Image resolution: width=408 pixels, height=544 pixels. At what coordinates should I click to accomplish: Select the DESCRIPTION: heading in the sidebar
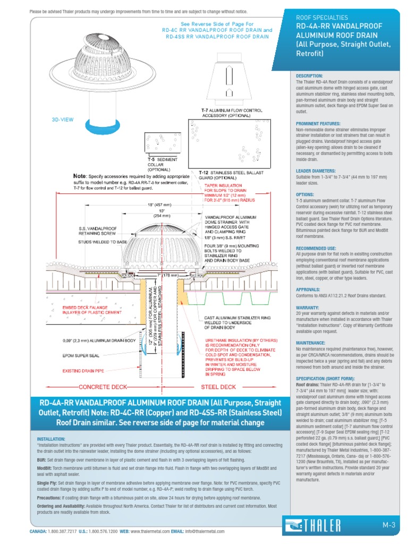tap(309, 76)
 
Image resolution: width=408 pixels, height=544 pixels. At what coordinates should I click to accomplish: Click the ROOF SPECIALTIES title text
tap(322, 17)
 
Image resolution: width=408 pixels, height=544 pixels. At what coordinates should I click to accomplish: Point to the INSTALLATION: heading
tap(52, 439)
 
